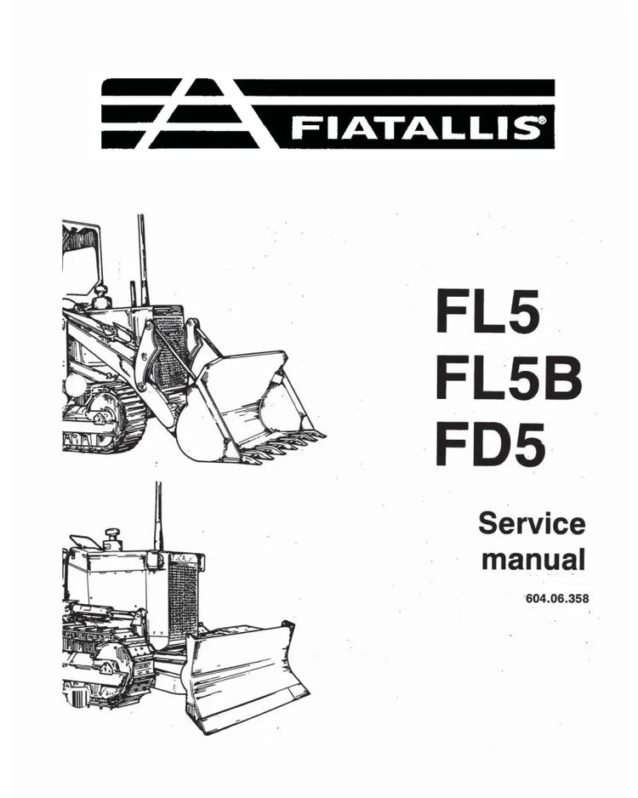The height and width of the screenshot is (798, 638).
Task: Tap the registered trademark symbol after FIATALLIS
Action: click(543, 121)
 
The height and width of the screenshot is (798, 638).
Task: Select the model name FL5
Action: click(487, 311)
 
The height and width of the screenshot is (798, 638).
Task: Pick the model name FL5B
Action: click(508, 377)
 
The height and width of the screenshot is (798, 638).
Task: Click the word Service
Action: click(533, 524)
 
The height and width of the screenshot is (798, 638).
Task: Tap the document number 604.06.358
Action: click(557, 599)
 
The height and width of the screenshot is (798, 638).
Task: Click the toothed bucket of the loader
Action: click(244, 408)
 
